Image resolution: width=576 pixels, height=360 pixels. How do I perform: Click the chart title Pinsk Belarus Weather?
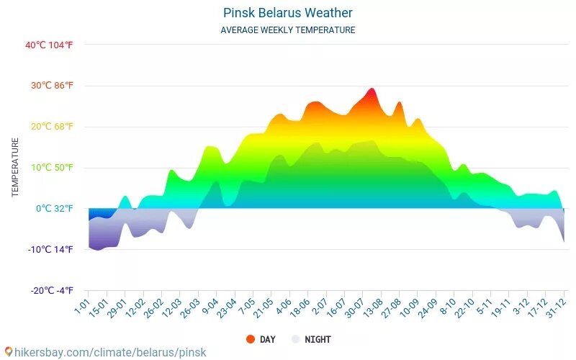(287, 13)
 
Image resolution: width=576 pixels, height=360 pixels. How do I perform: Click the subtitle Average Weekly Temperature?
(287, 30)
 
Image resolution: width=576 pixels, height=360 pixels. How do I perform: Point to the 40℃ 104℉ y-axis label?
(49, 45)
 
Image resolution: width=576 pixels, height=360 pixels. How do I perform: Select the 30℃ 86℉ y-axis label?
(49, 86)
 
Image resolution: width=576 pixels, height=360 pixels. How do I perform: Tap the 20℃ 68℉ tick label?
(49, 127)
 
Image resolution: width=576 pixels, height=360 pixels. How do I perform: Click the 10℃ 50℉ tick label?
(49, 168)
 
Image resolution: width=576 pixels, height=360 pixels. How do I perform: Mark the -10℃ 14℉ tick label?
(49, 250)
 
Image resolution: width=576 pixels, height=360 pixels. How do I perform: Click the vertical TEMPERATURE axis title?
(14, 168)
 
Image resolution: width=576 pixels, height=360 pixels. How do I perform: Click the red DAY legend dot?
(251, 339)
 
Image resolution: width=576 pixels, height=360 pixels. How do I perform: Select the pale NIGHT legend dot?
(295, 339)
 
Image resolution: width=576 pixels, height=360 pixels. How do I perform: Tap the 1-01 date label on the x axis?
(82, 307)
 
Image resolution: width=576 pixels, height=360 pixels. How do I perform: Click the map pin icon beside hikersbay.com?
(9, 352)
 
